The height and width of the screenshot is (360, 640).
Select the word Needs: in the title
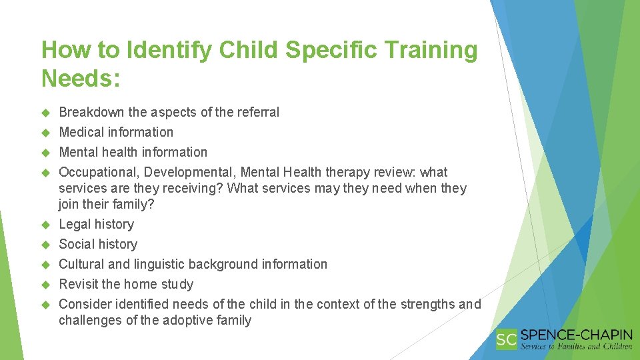(81, 79)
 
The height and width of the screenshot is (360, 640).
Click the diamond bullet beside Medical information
(46, 133)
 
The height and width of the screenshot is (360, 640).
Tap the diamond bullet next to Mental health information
(46, 153)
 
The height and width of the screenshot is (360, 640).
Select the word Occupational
(97, 172)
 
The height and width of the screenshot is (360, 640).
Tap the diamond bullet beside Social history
(46, 245)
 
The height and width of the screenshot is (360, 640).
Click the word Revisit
(79, 284)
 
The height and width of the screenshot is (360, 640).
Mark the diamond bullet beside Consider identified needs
(46, 305)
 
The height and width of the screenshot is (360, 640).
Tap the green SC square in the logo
(507, 339)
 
